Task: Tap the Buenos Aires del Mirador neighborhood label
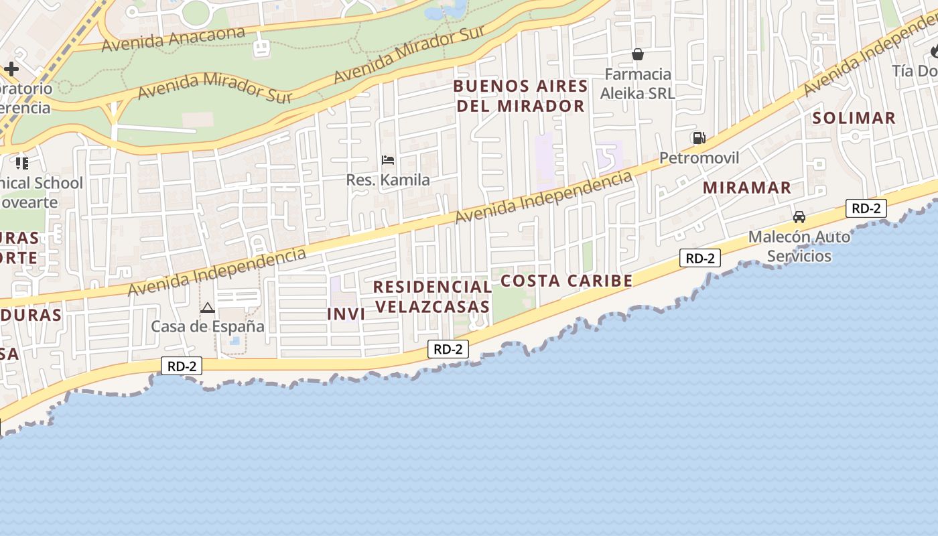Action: pyautogui.click(x=521, y=96)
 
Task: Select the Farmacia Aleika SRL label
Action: pyautogui.click(x=636, y=84)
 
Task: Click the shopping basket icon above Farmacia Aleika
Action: pyautogui.click(x=637, y=54)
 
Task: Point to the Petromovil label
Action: pyautogui.click(x=699, y=158)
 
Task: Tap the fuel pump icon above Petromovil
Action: pyautogui.click(x=699, y=138)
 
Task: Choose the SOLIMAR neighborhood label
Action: pyautogui.click(x=854, y=118)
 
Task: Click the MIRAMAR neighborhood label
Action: pyautogui.click(x=747, y=188)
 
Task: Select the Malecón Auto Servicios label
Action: pyautogui.click(x=799, y=246)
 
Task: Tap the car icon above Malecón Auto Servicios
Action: pyautogui.click(x=799, y=217)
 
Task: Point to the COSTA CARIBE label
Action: pyautogui.click(x=566, y=281)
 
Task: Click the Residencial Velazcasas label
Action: pyautogui.click(x=432, y=296)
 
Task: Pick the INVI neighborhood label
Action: pyautogui.click(x=346, y=314)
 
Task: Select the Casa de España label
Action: pyautogui.click(x=208, y=326)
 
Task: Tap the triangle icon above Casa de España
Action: pyautogui.click(x=208, y=308)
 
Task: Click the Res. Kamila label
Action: pyautogui.click(x=388, y=180)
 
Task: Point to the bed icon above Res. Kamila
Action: pyautogui.click(x=388, y=160)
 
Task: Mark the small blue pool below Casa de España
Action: pyautogui.click(x=234, y=341)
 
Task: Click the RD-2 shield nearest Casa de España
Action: pyautogui.click(x=182, y=366)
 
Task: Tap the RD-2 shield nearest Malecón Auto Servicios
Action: pyautogui.click(x=866, y=208)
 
